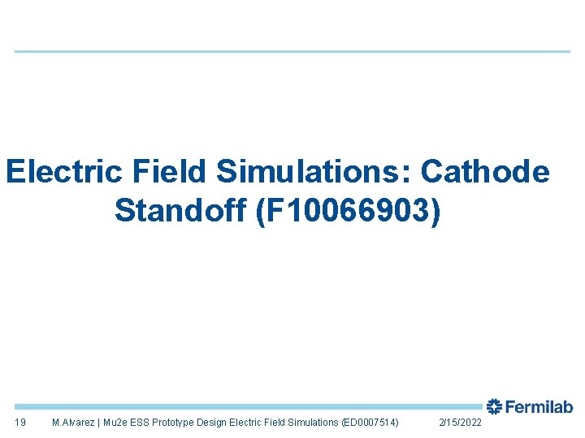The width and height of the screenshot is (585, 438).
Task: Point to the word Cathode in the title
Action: [x=486, y=173]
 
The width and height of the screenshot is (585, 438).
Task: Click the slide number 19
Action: [x=20, y=423]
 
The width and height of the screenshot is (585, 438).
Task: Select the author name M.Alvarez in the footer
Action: [x=73, y=423]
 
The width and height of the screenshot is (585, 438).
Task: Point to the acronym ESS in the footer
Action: [x=141, y=423]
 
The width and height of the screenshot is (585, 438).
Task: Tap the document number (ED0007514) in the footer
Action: [x=370, y=423]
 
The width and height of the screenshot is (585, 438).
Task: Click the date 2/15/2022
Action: [x=460, y=423]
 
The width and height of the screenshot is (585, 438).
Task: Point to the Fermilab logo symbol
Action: [x=494, y=406]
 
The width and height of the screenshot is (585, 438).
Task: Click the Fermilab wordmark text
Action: [x=539, y=407]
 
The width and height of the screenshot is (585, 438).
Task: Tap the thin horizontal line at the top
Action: [x=292, y=52]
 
